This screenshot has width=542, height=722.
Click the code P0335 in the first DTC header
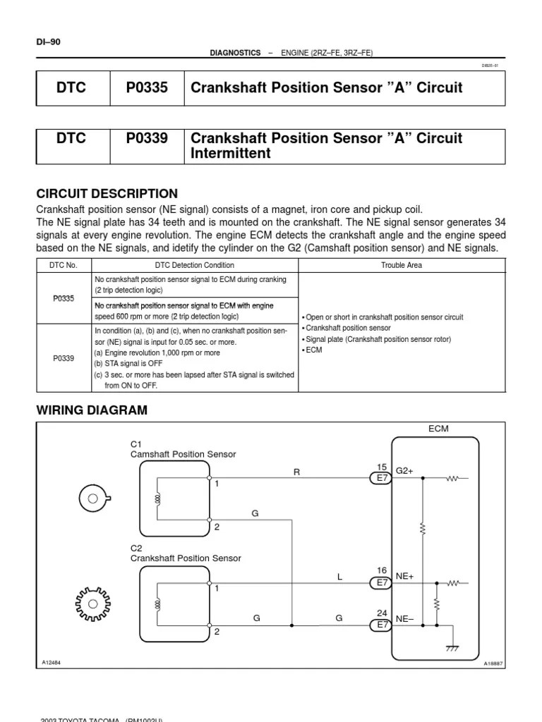(147, 88)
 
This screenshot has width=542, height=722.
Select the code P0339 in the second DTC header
(147, 138)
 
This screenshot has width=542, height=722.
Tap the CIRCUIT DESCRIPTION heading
(107, 194)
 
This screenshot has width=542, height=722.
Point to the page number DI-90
(49, 42)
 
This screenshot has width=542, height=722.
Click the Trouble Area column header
(402, 265)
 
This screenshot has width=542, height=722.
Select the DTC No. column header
(64, 265)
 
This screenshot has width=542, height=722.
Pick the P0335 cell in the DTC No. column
(64, 298)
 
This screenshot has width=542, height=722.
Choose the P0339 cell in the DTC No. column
(64, 358)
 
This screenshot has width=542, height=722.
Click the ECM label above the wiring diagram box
(438, 429)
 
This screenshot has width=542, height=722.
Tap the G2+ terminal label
(404, 470)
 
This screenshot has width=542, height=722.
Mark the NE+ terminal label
(404, 576)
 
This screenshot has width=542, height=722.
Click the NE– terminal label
(404, 618)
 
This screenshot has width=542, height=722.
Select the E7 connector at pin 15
(382, 478)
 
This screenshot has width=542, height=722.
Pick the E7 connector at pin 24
(382, 625)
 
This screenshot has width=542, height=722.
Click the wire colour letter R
(296, 472)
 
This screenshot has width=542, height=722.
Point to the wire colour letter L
(339, 577)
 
